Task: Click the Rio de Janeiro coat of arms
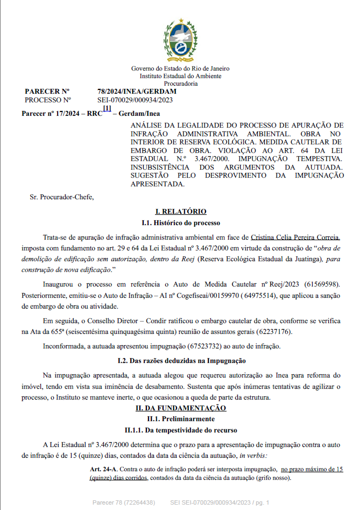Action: [x=180, y=41]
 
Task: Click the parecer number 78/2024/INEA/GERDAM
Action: [x=137, y=92]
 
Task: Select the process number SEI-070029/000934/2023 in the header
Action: [x=135, y=100]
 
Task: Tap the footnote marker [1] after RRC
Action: [x=107, y=109]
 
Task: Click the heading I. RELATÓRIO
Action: [x=180, y=212]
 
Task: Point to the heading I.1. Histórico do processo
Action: [x=180, y=222]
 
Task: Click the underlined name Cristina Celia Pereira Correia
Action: [x=295, y=237]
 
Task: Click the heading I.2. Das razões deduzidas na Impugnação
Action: [x=180, y=359]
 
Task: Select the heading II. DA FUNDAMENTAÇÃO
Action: [x=180, y=408]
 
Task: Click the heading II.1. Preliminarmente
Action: [x=180, y=419]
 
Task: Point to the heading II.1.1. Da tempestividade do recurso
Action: [x=180, y=430]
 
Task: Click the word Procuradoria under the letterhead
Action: [x=180, y=83]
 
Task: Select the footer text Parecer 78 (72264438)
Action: [x=124, y=502]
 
